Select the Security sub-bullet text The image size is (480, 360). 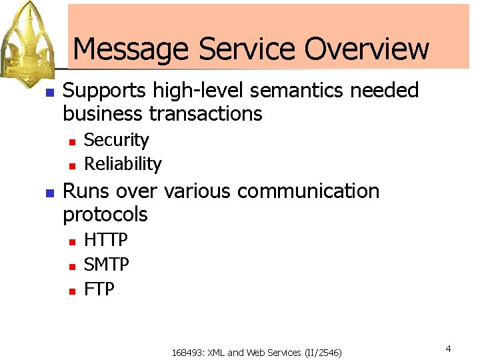pos(116,141)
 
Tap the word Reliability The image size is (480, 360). pos(123,164)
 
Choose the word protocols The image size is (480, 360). pos(105,215)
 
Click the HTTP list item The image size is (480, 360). pos(106,240)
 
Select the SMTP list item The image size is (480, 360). pos(107,265)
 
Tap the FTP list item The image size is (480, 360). pos(99,289)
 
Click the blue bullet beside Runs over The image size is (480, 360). pos(48,193)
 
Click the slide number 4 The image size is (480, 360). pos(449,349)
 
